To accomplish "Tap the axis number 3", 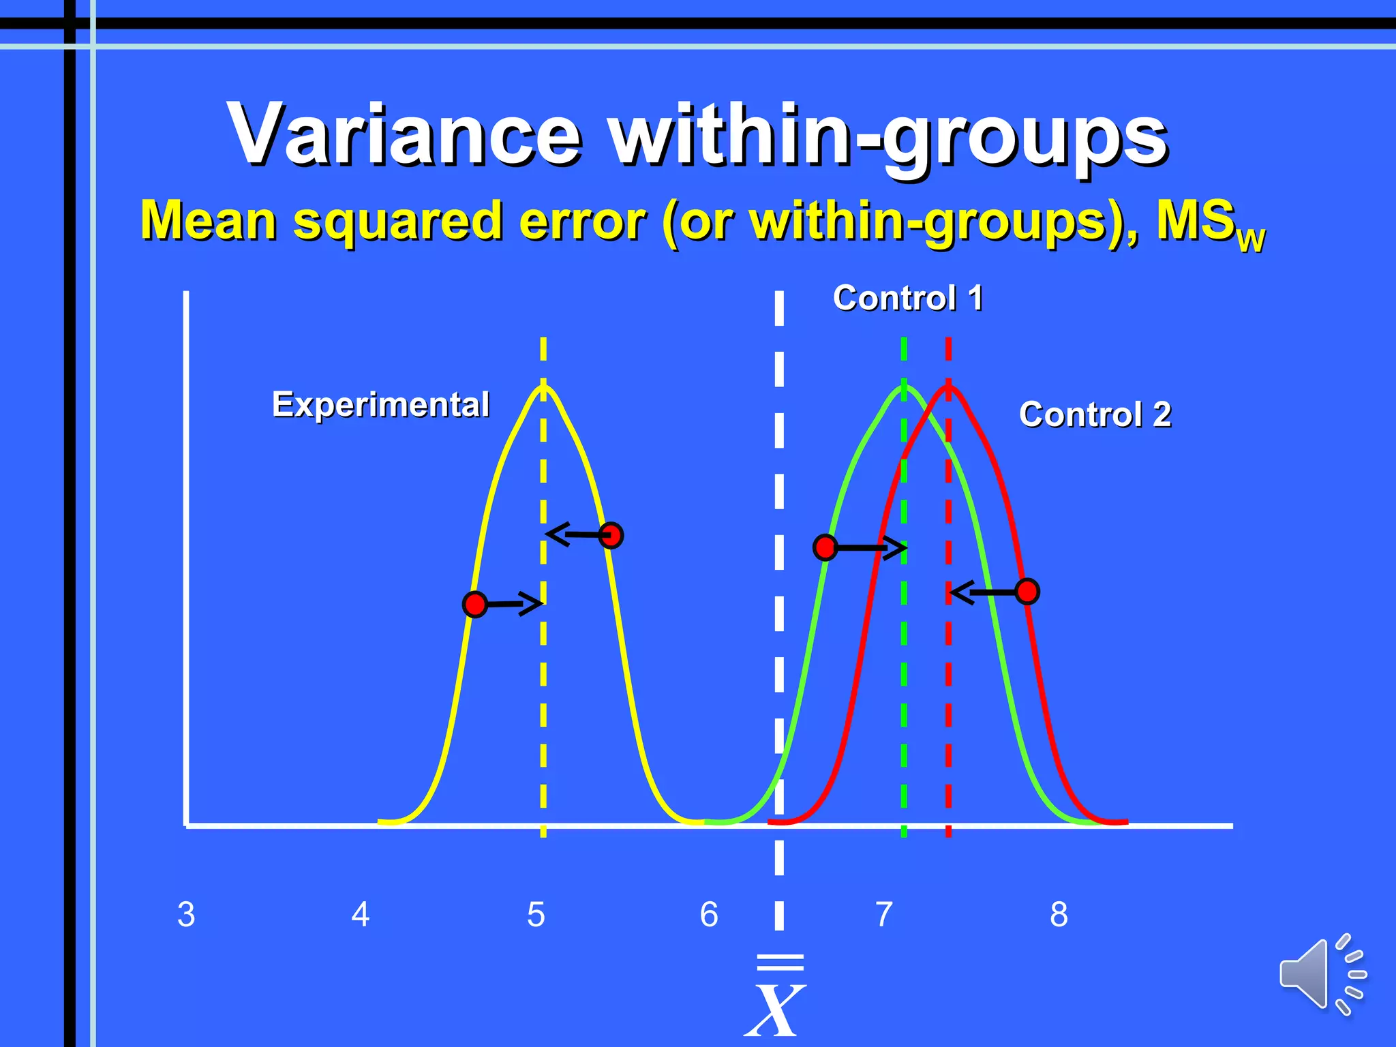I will [x=186, y=915].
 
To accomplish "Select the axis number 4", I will [x=361, y=915].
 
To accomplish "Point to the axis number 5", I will [x=536, y=915].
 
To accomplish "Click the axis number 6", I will [x=709, y=915].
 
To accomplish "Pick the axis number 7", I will [x=884, y=915].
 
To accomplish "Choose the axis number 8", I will [x=1059, y=915].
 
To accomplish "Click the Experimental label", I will [x=380, y=404].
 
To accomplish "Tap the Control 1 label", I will [x=907, y=298].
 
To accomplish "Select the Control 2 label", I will [x=1095, y=414].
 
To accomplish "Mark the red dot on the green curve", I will [x=825, y=547].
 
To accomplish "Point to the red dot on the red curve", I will [x=1027, y=592].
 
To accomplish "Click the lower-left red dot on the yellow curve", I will [x=475, y=604].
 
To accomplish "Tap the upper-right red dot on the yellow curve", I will [x=612, y=536].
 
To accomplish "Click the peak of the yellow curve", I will [x=543, y=386].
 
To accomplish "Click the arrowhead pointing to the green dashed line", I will [x=896, y=547].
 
